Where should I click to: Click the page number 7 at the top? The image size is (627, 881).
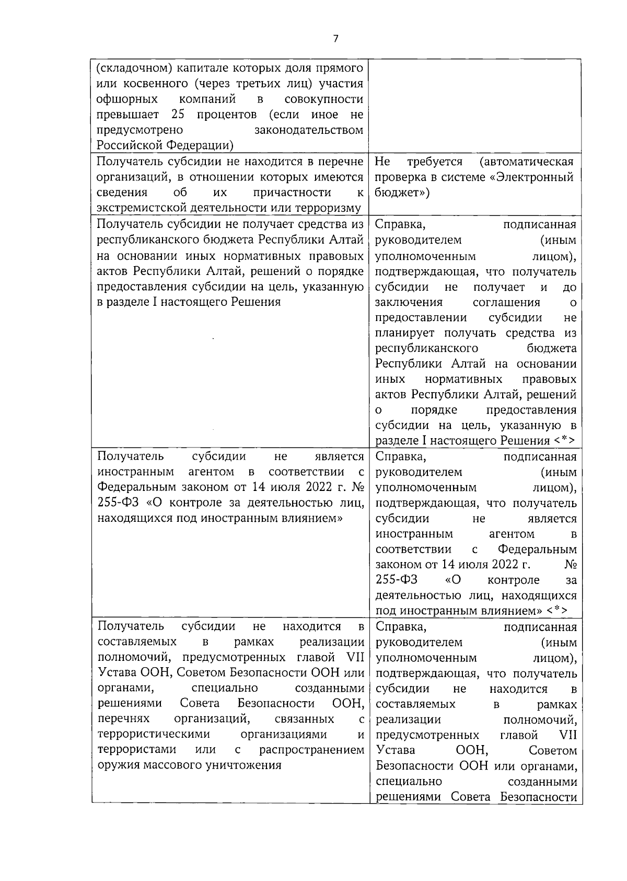click(x=335, y=39)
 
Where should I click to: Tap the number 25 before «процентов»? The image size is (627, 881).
click(x=178, y=115)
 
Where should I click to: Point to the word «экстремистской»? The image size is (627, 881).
click(x=137, y=208)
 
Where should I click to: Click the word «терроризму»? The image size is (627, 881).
click(x=329, y=208)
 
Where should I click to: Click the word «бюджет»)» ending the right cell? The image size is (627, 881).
click(x=402, y=192)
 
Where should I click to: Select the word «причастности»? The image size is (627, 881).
click(x=292, y=192)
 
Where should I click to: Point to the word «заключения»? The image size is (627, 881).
click(x=409, y=302)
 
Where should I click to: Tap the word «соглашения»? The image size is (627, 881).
click(x=506, y=302)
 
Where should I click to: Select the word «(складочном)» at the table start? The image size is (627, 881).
click(x=132, y=68)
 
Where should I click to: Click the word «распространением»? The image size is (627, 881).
click(x=311, y=750)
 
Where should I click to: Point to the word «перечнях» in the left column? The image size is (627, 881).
click(x=123, y=719)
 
